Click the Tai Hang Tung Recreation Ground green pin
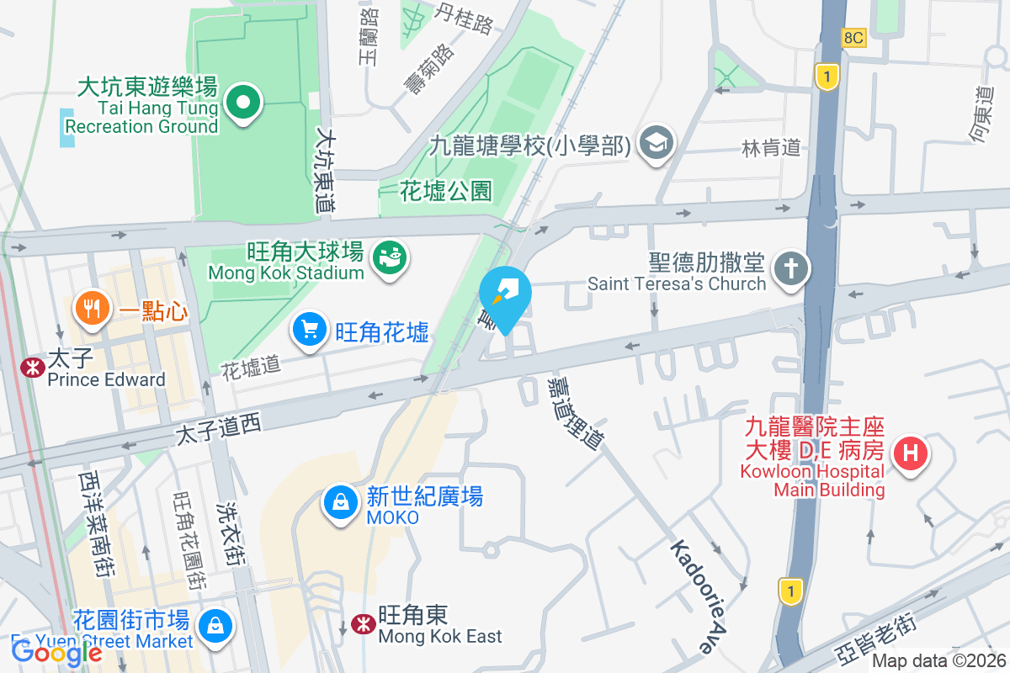click(x=243, y=103)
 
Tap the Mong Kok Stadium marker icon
click(x=391, y=253)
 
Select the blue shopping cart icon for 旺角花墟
click(x=310, y=329)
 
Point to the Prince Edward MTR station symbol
click(x=33, y=368)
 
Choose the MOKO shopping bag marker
click(x=341, y=502)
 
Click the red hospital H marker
click(x=911, y=454)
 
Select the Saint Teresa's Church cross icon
click(x=792, y=269)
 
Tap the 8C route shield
click(x=853, y=38)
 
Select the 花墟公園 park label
click(x=446, y=191)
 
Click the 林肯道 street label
click(x=770, y=148)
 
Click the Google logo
click(x=57, y=651)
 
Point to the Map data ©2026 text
click(x=938, y=661)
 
